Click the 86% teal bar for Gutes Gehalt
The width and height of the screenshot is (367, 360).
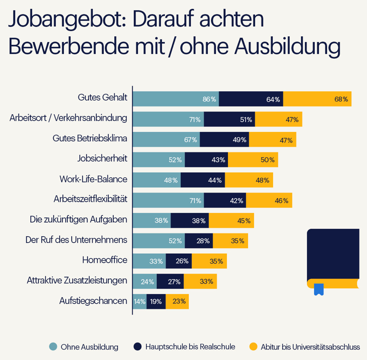(176, 99)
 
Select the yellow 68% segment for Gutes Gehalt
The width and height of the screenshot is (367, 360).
(317, 99)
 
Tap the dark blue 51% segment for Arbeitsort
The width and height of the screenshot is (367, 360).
(229, 119)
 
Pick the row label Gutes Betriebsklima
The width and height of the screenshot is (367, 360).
(90, 138)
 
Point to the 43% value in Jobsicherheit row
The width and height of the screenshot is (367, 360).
(218, 160)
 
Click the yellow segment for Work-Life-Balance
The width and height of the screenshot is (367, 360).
(249, 180)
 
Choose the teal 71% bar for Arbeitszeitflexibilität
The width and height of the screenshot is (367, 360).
(168, 200)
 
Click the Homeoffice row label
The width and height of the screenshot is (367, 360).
(105, 260)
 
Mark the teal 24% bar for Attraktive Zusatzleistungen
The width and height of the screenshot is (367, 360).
(145, 281)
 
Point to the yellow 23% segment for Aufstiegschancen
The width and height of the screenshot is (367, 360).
(177, 301)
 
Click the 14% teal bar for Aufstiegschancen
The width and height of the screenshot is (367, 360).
(139, 301)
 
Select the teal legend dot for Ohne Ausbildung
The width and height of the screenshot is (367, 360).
(53, 347)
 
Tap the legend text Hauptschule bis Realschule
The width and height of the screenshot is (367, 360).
(190, 347)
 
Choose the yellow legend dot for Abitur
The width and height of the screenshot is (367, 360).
(253, 347)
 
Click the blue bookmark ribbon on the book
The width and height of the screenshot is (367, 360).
(318, 289)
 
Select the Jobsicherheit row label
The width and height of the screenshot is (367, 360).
(102, 159)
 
